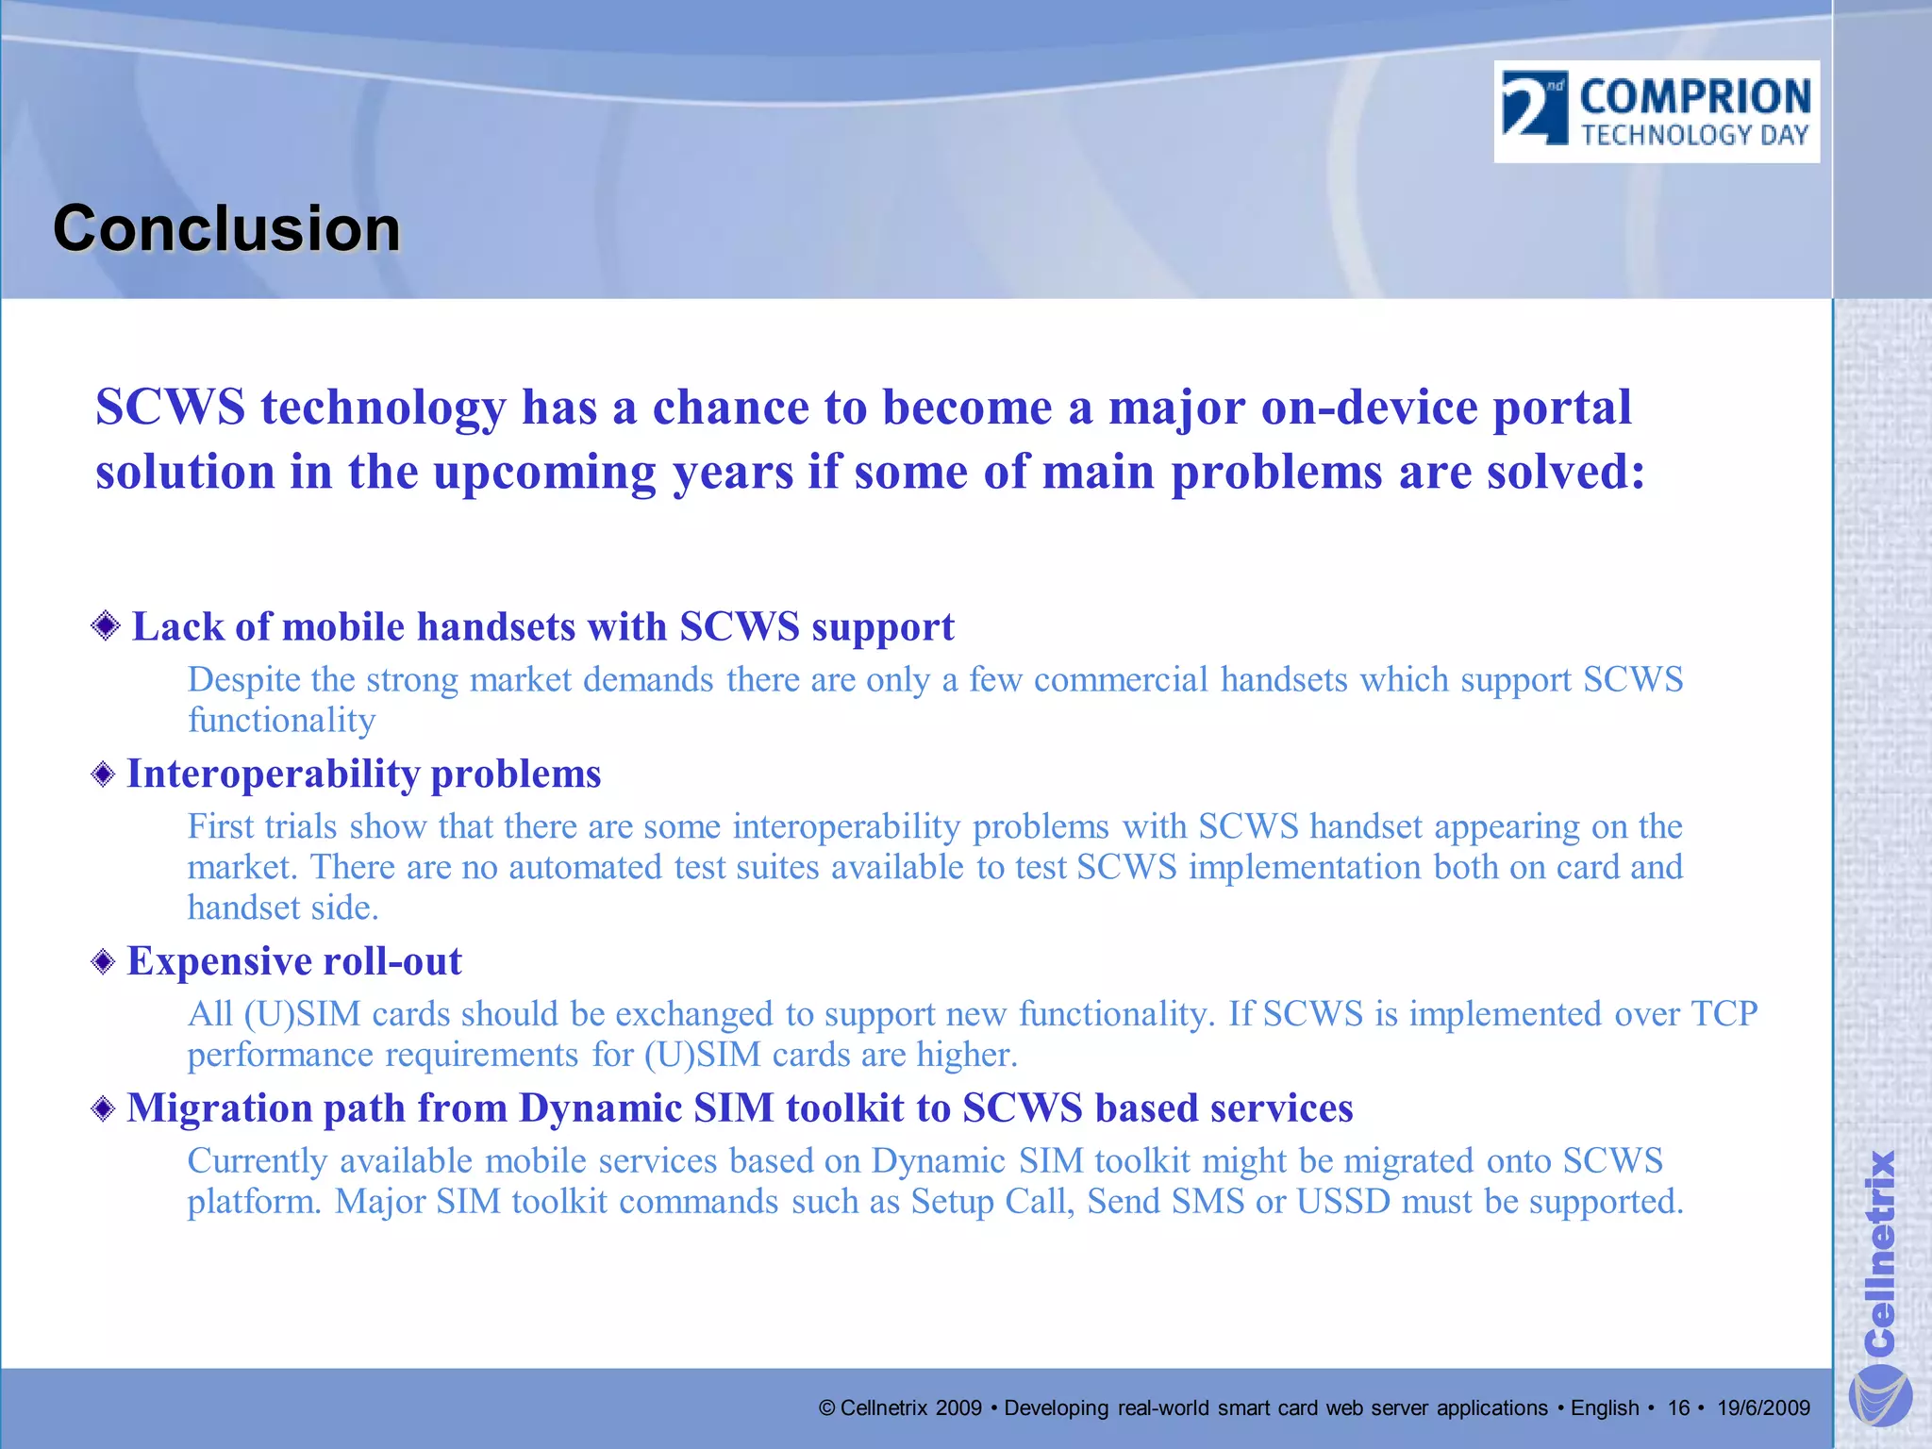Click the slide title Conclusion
tap(226, 229)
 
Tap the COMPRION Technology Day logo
tap(1657, 112)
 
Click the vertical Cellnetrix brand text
tap(1879, 1250)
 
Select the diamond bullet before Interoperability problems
tap(104, 774)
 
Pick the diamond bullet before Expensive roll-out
tap(104, 962)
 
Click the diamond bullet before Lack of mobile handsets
tap(106, 625)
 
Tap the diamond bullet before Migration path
tap(104, 1108)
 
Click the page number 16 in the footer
tap(1678, 1408)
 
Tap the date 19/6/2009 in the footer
tap(1763, 1408)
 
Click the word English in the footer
tap(1605, 1408)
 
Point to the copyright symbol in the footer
tap(827, 1408)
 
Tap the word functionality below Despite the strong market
tap(281, 721)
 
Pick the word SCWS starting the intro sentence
tap(170, 408)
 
